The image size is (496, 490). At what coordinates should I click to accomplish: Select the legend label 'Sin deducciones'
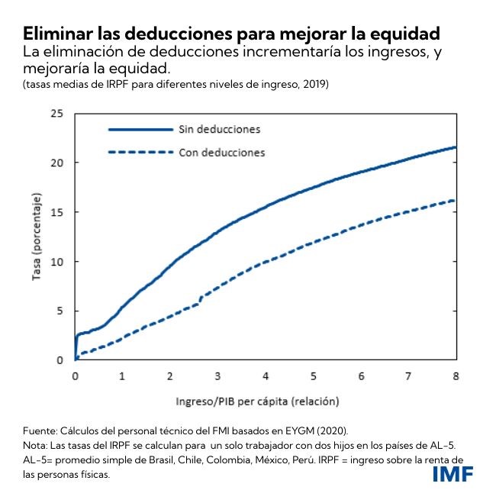coord(220,128)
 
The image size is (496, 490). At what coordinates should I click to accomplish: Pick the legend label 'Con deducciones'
coord(221,153)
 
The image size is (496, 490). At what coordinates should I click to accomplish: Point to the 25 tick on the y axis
coord(56,114)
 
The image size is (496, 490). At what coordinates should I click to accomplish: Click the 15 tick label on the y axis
coord(56,212)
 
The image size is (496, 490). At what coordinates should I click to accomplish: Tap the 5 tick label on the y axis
coord(60,311)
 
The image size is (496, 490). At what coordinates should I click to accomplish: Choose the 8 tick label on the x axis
coord(456,376)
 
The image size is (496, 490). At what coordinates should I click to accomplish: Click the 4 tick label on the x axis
coord(266,376)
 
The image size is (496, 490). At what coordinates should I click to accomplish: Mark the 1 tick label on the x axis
coord(123,376)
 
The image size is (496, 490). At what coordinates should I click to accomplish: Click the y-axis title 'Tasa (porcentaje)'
coord(36,237)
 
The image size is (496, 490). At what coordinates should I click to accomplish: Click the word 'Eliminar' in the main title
coord(56,34)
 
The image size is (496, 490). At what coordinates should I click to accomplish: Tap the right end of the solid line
coord(456,147)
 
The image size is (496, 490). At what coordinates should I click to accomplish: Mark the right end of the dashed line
coord(456,201)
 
